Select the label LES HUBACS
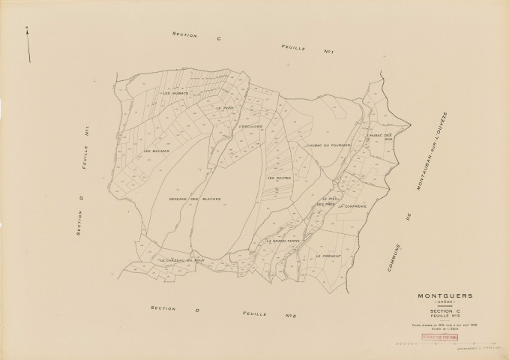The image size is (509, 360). coord(176,94)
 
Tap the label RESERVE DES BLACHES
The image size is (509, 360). coord(194,199)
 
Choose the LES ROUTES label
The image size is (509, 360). coord(278,178)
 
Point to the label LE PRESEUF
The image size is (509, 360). coord(328,256)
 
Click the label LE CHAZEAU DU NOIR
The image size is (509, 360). coord(181,260)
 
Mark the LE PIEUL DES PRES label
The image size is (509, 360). coord(326,201)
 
